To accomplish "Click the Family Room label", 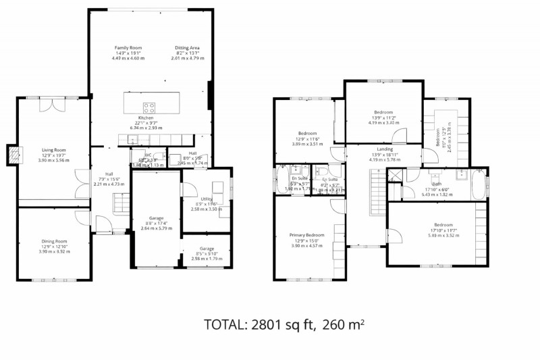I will [128, 48].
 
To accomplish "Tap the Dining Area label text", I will [187, 48].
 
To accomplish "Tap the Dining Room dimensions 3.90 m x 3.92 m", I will [52, 251].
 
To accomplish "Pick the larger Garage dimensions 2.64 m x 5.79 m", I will [157, 228].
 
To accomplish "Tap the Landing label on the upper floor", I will [385, 149].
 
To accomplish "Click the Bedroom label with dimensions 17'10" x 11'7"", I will [443, 225].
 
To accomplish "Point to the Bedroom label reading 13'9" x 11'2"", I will [384, 112].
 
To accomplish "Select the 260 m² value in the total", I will [344, 325].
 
